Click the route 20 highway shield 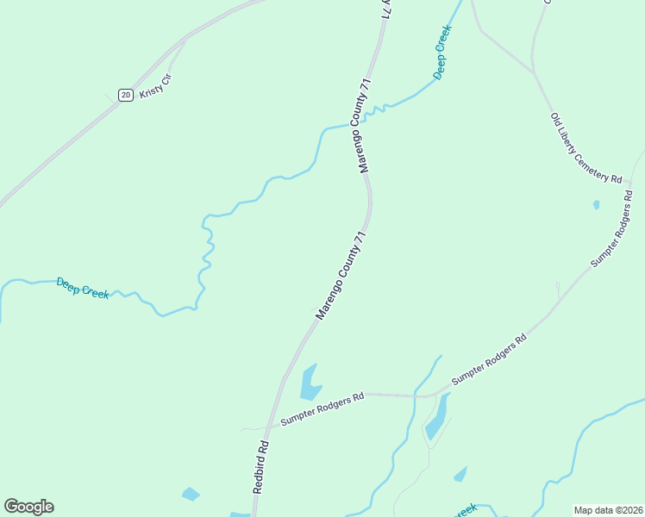tap(126, 95)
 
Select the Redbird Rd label tap(262, 467)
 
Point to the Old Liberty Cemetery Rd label tap(586, 147)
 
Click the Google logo tap(29, 507)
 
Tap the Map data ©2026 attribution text tap(607, 509)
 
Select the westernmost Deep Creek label tap(83, 287)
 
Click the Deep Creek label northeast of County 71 tap(442, 53)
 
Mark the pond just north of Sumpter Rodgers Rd tap(310, 383)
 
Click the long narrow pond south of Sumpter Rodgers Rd tap(437, 416)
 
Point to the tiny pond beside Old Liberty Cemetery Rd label tap(596, 205)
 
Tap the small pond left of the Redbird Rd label tap(190, 494)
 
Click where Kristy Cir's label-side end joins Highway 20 tap(184, 40)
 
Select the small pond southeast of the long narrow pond tap(460, 474)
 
